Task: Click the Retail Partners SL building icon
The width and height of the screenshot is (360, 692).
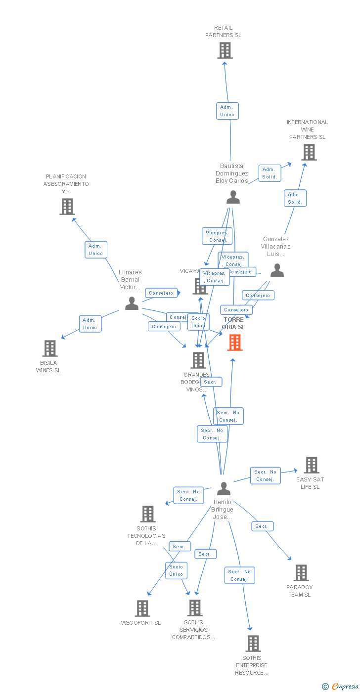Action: point(225,50)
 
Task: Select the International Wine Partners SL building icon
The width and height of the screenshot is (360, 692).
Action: point(309,152)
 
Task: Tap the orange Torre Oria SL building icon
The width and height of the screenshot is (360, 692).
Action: point(235,342)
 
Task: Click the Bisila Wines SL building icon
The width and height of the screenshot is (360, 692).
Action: point(49,348)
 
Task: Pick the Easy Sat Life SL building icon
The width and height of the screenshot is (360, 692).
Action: point(312,465)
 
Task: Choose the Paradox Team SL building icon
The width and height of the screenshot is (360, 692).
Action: point(301,573)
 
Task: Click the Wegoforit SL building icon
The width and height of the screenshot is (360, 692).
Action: point(142,608)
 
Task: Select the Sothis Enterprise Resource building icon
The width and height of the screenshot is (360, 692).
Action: point(253,644)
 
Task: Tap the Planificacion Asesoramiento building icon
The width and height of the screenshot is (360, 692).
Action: point(67,207)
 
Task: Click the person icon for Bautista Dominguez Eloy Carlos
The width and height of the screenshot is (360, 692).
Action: point(233,197)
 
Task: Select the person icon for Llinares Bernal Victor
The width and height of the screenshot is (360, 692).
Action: point(132,303)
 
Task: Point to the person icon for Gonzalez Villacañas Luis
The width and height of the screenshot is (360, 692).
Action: point(277,270)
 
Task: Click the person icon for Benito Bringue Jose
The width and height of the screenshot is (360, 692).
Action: point(224,488)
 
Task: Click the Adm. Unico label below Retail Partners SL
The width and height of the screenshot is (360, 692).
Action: point(227,111)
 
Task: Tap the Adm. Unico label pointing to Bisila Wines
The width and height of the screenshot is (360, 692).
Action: point(90,324)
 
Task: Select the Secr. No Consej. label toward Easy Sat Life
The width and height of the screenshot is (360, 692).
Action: point(265,476)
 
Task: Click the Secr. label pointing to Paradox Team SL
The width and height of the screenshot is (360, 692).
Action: point(262,526)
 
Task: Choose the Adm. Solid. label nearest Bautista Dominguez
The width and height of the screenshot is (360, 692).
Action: point(270,173)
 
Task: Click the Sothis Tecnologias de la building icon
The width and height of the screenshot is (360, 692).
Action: point(147,514)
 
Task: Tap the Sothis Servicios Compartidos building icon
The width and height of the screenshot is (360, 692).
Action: point(195,608)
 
